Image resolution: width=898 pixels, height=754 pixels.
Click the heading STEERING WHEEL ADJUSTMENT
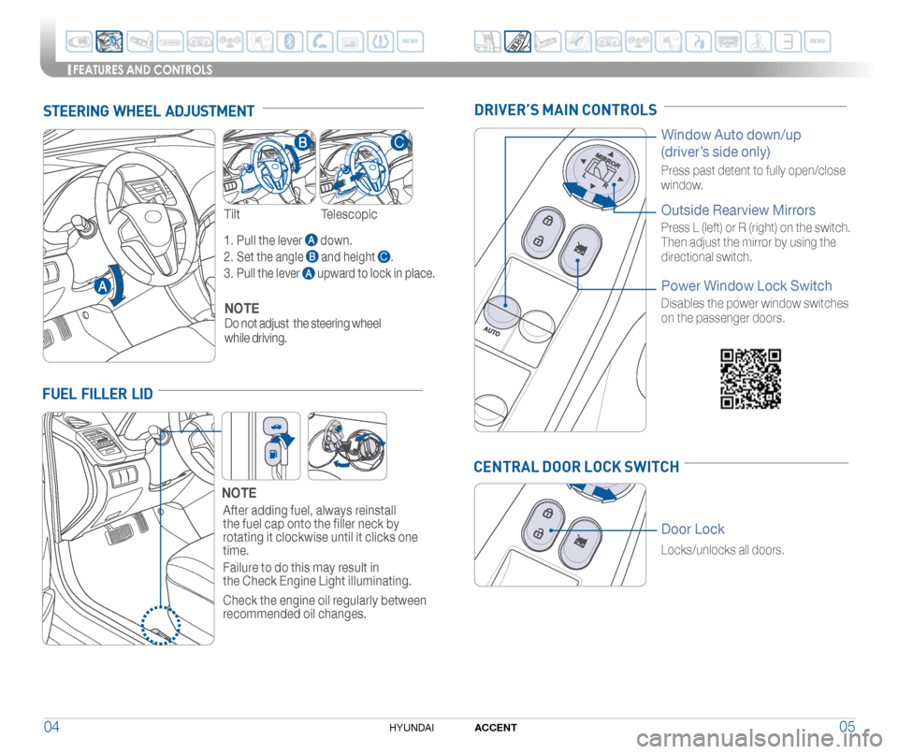149,112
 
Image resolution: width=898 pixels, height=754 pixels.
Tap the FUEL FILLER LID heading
97,394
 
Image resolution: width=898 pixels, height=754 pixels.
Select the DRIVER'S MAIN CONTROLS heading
565,110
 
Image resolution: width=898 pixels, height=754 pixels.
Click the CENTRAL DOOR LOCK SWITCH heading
576,467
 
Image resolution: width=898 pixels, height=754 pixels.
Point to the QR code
750,378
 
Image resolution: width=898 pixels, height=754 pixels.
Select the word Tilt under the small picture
232,214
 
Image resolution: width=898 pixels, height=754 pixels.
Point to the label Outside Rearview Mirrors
738,210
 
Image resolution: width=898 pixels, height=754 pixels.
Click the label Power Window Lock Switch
746,285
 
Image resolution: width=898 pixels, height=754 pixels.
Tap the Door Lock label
692,529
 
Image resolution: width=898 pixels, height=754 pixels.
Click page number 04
55,727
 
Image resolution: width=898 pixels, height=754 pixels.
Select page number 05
847,727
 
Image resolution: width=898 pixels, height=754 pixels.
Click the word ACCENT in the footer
496,728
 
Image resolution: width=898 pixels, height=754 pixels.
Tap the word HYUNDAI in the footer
410,728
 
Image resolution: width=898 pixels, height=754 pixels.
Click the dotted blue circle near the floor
161,623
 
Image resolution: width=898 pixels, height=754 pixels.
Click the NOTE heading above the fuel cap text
239,492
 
